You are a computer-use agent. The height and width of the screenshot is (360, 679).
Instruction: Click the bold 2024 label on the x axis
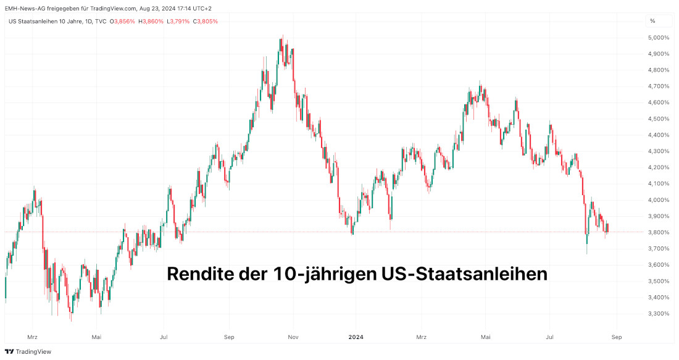(356, 337)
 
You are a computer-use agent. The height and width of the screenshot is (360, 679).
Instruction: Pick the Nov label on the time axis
(293, 337)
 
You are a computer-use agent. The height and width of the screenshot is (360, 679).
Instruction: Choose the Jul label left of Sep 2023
(163, 337)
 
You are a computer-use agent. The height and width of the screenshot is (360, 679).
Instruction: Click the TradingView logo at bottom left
(28, 351)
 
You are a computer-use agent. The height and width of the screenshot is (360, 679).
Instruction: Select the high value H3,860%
(151, 21)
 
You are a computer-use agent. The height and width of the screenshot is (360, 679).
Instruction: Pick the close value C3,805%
(206, 21)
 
